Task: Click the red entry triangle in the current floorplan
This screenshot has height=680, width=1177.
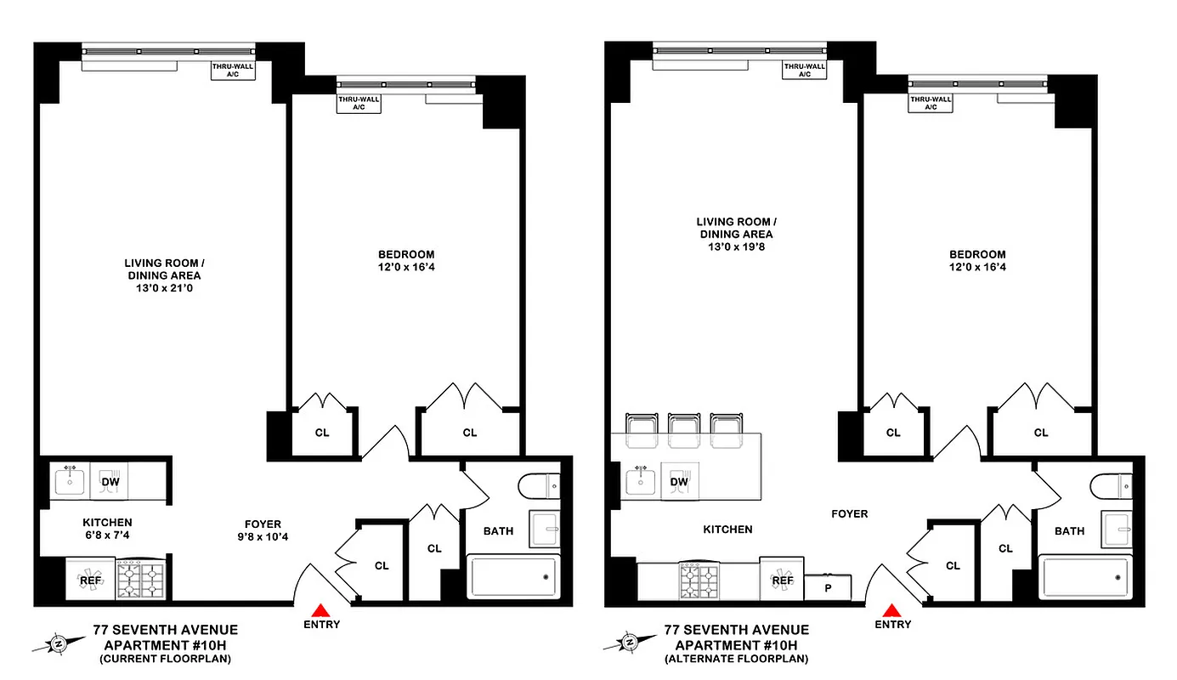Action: click(320, 609)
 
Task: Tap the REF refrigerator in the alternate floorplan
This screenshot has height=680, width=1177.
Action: click(782, 581)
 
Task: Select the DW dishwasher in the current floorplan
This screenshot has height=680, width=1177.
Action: click(109, 482)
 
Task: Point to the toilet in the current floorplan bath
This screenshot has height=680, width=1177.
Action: click(539, 486)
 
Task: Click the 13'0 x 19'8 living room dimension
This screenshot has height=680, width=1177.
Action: click(736, 247)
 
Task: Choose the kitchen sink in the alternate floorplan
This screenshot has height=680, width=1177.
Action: click(641, 480)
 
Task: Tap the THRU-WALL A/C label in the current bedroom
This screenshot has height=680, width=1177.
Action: click(359, 104)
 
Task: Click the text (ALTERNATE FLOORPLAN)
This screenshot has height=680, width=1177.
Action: click(736, 659)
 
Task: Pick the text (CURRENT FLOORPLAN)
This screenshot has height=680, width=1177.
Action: click(165, 659)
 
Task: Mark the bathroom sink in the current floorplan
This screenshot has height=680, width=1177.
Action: click(544, 529)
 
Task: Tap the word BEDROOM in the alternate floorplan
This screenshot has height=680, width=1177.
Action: click(977, 254)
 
